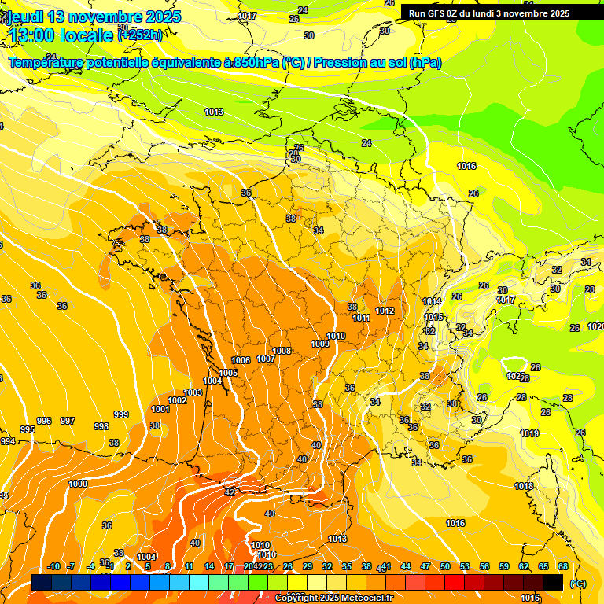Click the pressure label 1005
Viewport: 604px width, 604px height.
pyautogui.click(x=228, y=373)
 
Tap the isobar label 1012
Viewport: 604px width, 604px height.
pyautogui.click(x=385, y=311)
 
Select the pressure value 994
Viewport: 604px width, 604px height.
pyautogui.click(x=7, y=441)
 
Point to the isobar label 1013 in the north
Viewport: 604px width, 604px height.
pyautogui.click(x=214, y=112)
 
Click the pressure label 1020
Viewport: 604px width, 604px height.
pyautogui.click(x=596, y=326)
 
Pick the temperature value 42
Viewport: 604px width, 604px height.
pyautogui.click(x=230, y=492)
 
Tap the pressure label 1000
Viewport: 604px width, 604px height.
pyautogui.click(x=78, y=484)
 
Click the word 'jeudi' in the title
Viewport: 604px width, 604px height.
pyautogui.click(x=26, y=17)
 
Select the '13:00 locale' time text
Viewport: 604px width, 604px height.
pyautogui.click(x=61, y=35)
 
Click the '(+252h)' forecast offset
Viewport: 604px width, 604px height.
pyautogui.click(x=140, y=35)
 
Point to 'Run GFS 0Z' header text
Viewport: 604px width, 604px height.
pyautogui.click(x=442, y=13)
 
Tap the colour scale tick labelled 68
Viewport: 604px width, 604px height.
pyautogui.click(x=563, y=566)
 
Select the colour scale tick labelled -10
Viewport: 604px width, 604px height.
pyautogui.click(x=53, y=566)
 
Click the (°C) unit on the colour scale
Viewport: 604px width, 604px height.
pyautogui.click(x=578, y=584)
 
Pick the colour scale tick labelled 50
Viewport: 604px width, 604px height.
pyautogui.click(x=445, y=566)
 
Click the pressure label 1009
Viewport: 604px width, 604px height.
pyautogui.click(x=320, y=344)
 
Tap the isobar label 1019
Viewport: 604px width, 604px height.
pyautogui.click(x=528, y=433)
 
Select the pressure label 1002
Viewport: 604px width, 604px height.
pyautogui.click(x=177, y=400)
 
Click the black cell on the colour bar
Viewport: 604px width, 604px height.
pyautogui.click(x=553, y=583)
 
